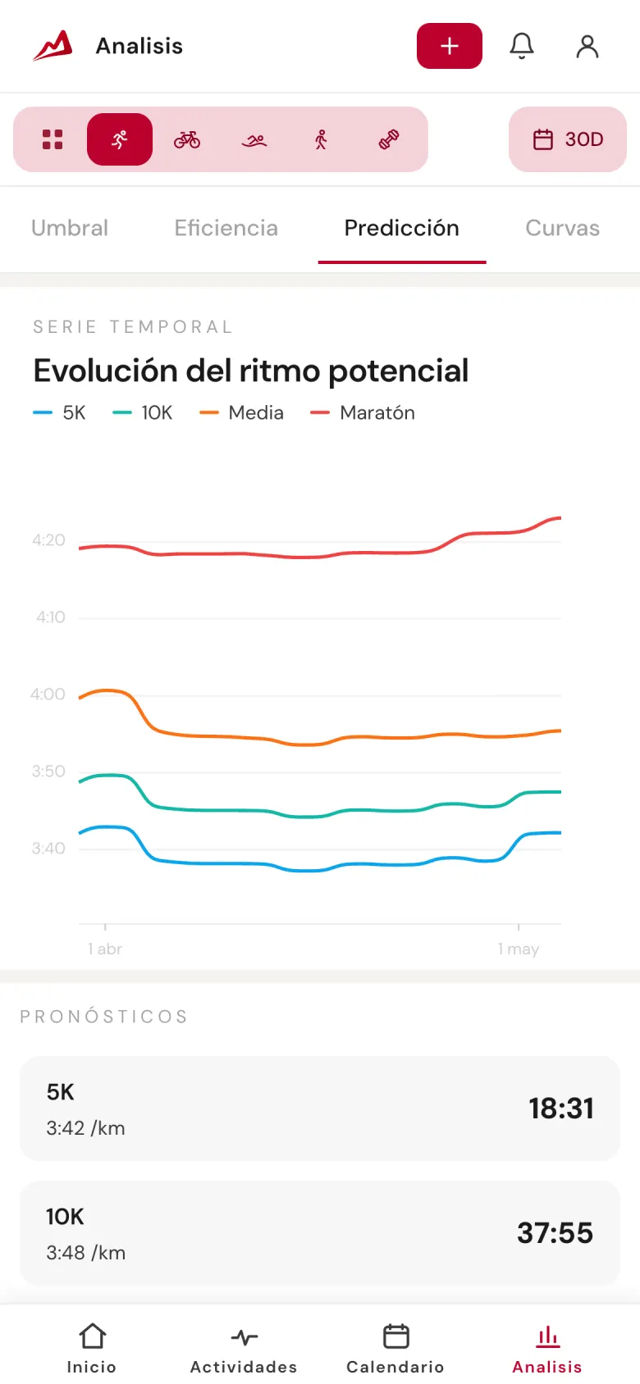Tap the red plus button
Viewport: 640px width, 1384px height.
450,46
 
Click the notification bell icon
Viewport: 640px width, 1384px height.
522,46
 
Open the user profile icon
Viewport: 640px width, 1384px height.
587,47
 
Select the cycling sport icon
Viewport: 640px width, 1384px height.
187,139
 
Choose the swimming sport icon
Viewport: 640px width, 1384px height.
254,141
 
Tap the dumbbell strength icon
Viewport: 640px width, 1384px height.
389,139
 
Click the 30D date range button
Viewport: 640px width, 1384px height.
568,139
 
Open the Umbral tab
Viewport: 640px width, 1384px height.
70,228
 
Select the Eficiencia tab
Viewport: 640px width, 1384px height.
226,228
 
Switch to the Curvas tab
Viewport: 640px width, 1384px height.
563,228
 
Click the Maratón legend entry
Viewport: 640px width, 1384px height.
363,412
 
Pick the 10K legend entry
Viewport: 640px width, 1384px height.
143,412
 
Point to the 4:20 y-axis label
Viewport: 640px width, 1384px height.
49,540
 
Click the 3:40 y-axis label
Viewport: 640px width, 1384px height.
49,849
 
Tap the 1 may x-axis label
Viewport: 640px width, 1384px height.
519,949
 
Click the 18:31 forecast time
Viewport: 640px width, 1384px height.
561,1109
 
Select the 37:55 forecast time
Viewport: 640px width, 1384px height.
555,1233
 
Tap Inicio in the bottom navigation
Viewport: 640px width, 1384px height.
92,1349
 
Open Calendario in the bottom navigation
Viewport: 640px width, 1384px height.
395,1349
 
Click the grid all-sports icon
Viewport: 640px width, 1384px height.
53,139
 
